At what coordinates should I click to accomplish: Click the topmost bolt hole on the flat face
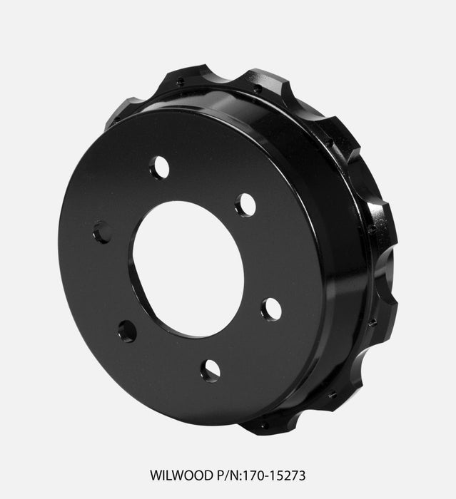coord(160,168)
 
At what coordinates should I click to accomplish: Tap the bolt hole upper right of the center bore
coord(245,205)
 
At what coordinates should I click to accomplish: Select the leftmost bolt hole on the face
coord(102,232)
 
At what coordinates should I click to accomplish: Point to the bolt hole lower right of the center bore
coord(270,309)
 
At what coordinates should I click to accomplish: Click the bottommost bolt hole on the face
coord(211,369)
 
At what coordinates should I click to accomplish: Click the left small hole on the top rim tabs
coord(181,82)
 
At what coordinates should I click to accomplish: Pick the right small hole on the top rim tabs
coord(256,89)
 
